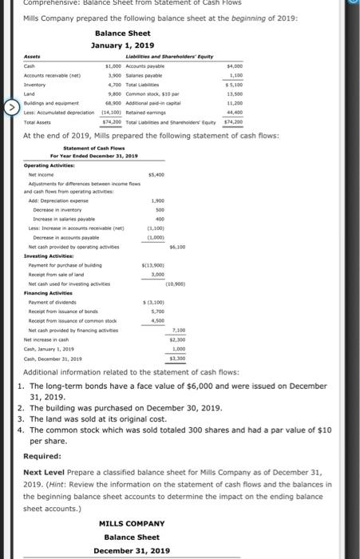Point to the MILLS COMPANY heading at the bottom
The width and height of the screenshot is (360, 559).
point(131,523)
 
